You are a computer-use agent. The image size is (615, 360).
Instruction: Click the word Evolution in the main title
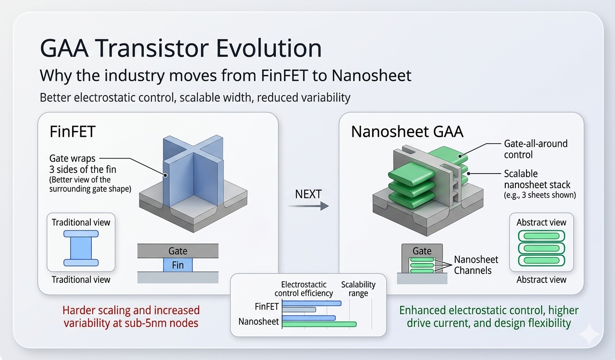(268, 48)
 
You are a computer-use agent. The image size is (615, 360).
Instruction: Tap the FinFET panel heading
(73, 131)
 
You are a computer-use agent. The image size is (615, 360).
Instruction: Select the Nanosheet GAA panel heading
(407, 131)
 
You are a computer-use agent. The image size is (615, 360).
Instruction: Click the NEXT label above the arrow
(308, 194)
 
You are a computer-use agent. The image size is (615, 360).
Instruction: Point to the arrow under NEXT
(308, 206)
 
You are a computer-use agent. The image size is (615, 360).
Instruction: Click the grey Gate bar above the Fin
(178, 251)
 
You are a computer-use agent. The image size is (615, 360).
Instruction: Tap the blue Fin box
(178, 265)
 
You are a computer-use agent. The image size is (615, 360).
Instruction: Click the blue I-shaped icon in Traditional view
(81, 248)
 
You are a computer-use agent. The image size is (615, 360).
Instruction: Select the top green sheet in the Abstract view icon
(542, 236)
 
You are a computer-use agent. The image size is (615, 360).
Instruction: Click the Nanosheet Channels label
(476, 265)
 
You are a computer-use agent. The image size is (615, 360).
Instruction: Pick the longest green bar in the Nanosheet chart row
(319, 324)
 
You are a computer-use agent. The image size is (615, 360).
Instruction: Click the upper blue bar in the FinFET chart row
(312, 303)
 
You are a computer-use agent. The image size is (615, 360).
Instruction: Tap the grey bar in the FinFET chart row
(299, 309)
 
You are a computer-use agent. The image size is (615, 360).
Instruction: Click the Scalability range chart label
(358, 289)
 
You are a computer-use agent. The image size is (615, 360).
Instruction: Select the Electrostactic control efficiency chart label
(304, 289)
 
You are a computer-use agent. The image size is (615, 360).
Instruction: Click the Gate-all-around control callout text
(536, 149)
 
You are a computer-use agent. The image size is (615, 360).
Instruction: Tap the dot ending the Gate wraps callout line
(165, 175)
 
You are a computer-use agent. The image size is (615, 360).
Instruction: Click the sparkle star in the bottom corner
(589, 334)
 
